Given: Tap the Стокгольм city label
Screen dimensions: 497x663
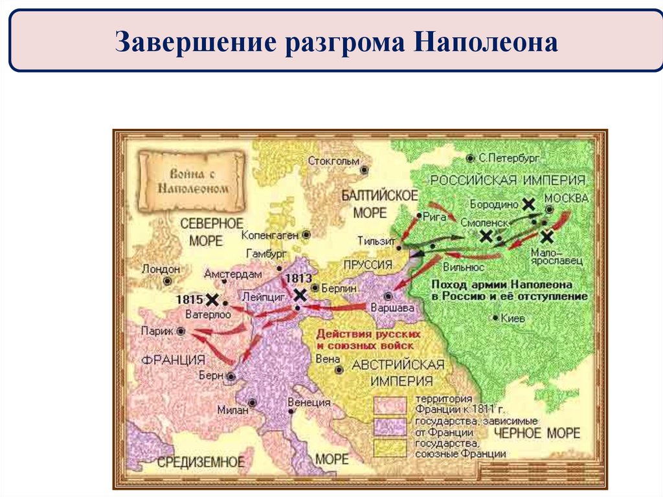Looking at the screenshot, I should (333, 161).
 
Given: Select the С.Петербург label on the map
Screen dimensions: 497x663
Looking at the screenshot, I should (509, 158).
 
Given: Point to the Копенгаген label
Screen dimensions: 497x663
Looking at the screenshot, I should (270, 235).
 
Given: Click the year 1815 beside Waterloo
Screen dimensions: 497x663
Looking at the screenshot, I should (189, 300).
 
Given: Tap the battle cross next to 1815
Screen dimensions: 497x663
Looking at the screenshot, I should (212, 300).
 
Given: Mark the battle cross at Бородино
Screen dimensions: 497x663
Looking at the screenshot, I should (528, 204).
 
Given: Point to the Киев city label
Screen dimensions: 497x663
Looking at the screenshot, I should (512, 318).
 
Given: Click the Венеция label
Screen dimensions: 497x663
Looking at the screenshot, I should (309, 402).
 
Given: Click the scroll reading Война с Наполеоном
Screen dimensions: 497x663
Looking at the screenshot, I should (192, 181).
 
